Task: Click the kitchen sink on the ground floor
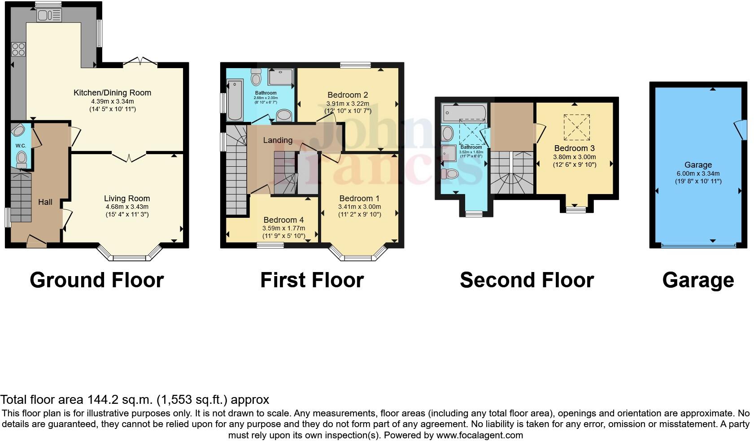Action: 49,16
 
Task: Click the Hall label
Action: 45,202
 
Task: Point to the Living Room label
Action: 127,199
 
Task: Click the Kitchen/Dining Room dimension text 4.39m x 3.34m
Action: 112,102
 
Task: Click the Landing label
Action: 278,140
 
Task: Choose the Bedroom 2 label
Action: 348,95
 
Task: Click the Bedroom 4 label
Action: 283,220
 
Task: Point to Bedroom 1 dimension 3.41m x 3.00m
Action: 359,207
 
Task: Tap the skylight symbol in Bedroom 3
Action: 576,127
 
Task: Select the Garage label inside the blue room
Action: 698,165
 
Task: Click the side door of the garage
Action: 740,130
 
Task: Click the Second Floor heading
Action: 527,280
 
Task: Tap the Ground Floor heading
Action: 96,280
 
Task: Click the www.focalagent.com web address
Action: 479,435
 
